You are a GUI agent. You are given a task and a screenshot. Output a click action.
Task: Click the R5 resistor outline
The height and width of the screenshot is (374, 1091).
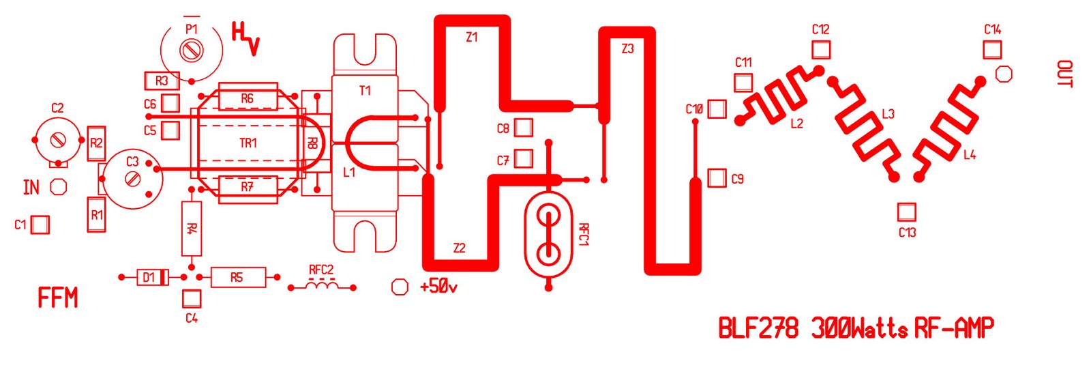pos(237,277)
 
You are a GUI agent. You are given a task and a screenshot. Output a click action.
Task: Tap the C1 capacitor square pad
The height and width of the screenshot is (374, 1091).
pos(40,225)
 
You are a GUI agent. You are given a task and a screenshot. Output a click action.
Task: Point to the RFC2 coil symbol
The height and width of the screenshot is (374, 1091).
pos(321,285)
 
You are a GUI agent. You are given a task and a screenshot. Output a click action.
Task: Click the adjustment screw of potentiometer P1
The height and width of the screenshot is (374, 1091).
pos(191,50)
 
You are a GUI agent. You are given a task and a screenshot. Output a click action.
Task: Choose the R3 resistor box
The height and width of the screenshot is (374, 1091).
pos(162,81)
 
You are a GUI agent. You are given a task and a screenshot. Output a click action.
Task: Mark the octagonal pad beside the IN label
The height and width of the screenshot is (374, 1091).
pos(59,186)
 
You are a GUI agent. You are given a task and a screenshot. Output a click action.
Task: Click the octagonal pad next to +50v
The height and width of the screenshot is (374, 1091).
pos(400,287)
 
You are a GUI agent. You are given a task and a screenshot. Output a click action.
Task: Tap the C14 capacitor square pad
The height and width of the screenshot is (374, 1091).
pos(992,50)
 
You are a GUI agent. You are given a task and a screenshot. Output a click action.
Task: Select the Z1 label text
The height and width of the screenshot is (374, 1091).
pos(472,38)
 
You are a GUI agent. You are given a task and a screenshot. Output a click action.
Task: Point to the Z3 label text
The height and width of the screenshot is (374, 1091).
pos(627,48)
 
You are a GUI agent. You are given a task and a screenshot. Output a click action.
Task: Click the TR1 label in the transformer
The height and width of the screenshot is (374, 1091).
pos(248,143)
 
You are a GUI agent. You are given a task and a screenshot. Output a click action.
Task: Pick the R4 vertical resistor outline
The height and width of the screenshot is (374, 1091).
pos(192,229)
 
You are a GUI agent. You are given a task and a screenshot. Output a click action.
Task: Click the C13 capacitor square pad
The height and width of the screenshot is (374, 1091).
pos(906,212)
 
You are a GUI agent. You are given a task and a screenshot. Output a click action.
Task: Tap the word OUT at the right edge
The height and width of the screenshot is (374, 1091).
pos(1064,74)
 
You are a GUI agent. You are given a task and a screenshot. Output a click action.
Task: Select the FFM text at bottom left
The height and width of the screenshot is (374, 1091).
pos(58,298)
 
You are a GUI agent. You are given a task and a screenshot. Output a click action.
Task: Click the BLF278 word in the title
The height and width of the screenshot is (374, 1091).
pos(758,328)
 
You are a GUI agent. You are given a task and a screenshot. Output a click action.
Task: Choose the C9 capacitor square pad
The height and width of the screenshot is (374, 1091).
pos(717,178)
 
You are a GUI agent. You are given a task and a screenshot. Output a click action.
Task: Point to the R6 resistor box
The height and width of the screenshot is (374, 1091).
pos(247,99)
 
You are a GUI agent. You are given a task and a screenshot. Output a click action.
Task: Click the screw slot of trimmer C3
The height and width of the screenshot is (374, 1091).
pos(133,179)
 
